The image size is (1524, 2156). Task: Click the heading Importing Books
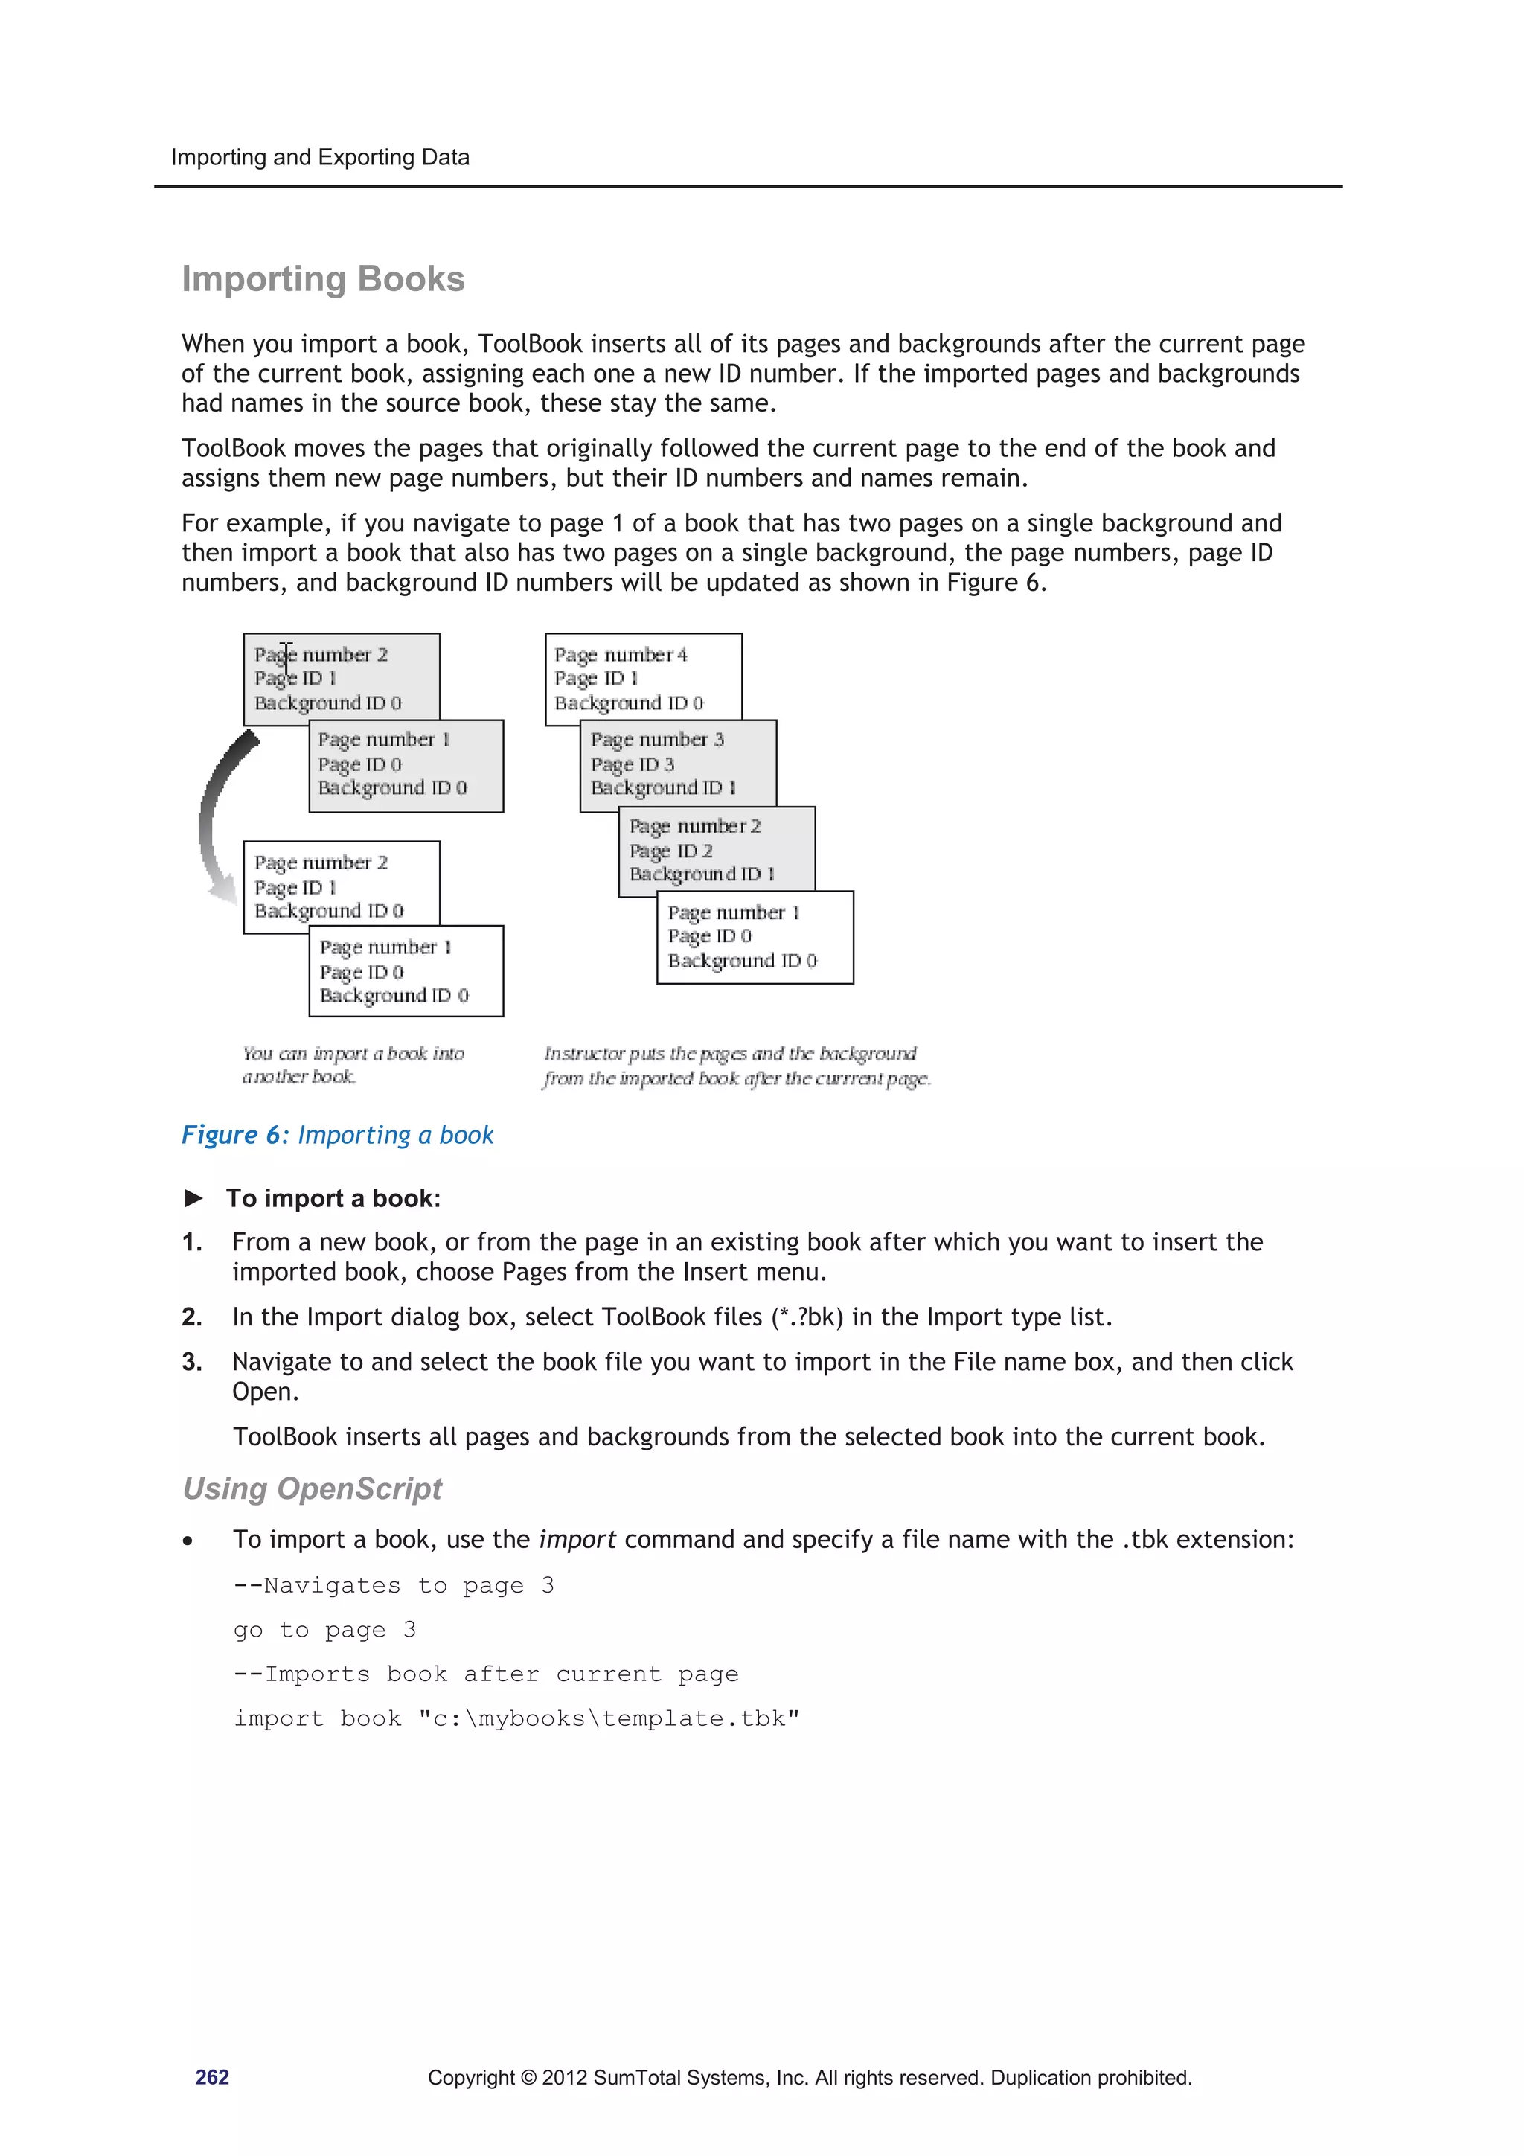(x=323, y=280)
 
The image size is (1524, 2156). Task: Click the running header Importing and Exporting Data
(x=320, y=158)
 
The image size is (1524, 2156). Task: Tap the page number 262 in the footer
(x=212, y=2077)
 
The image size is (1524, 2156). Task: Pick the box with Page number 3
(x=678, y=763)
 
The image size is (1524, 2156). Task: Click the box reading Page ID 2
(x=717, y=850)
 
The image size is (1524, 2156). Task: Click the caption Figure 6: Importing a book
(x=337, y=1135)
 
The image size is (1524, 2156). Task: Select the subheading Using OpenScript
(x=312, y=1489)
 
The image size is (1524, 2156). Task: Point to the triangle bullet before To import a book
(x=194, y=1198)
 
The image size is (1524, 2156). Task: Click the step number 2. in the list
(x=191, y=1317)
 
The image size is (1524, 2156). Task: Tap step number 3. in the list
(x=191, y=1363)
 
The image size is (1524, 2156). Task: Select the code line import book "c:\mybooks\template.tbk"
(x=516, y=1718)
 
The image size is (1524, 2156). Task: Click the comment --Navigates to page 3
(x=394, y=1586)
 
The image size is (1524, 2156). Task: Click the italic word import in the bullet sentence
(x=577, y=1540)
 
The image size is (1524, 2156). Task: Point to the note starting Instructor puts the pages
(x=731, y=1054)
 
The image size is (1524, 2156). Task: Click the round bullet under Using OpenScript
(x=189, y=1542)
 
